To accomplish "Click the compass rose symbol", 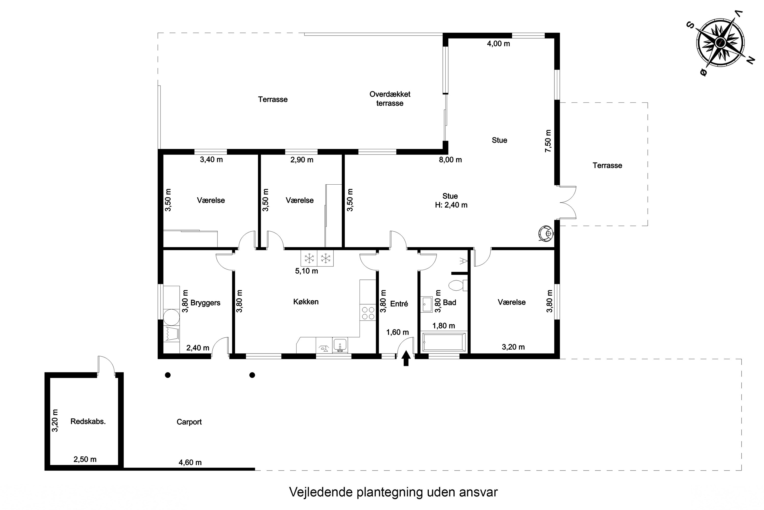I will point(720,43).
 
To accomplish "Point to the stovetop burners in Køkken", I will point(368,313).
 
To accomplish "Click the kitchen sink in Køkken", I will point(340,345).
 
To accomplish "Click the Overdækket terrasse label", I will point(390,98).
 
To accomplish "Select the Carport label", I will point(189,422).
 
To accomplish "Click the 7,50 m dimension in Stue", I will point(548,141).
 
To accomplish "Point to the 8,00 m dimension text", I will point(450,160).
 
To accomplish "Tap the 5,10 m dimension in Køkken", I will point(306,271).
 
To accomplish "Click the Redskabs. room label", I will point(88,422).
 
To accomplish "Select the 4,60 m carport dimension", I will point(190,462).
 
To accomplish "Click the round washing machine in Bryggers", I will point(171,317).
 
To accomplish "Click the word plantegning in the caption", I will point(390,492).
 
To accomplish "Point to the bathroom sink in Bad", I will point(427,304).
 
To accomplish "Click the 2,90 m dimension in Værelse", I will point(302,160).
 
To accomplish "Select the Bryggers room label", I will point(205,303).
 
